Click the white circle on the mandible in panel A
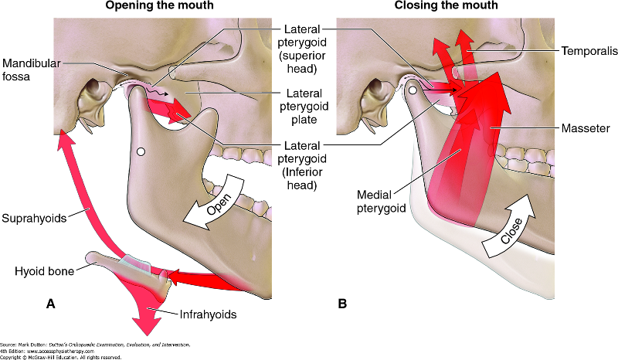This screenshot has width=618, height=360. click(140, 152)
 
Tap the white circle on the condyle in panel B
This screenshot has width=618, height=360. click(414, 91)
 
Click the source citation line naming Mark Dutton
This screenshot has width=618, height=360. click(95, 344)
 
